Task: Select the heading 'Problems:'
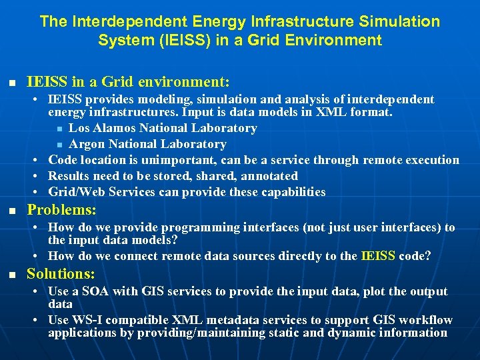(x=61, y=210)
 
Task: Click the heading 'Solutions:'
(x=61, y=274)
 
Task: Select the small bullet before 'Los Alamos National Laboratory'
(x=59, y=129)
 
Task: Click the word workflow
(x=427, y=321)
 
